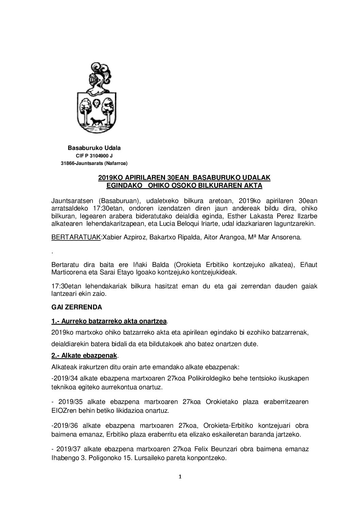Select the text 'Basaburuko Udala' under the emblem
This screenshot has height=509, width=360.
[x=94, y=148]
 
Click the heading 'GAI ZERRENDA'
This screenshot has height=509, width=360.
[x=76, y=307]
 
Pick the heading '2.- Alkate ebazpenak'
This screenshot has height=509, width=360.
[x=84, y=356]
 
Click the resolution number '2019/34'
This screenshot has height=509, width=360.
[x=63, y=378]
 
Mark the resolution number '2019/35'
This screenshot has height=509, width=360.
[x=67, y=402]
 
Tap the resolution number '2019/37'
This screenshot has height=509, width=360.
[x=67, y=449]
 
